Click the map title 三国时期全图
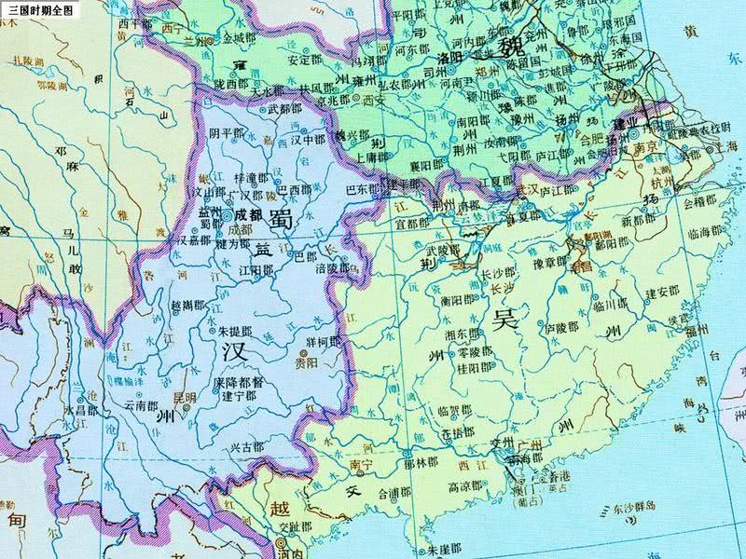[x=37, y=7]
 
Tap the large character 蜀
[x=280, y=219]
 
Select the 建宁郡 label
[x=238, y=394]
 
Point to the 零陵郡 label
[x=467, y=355]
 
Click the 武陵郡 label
[x=444, y=250]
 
